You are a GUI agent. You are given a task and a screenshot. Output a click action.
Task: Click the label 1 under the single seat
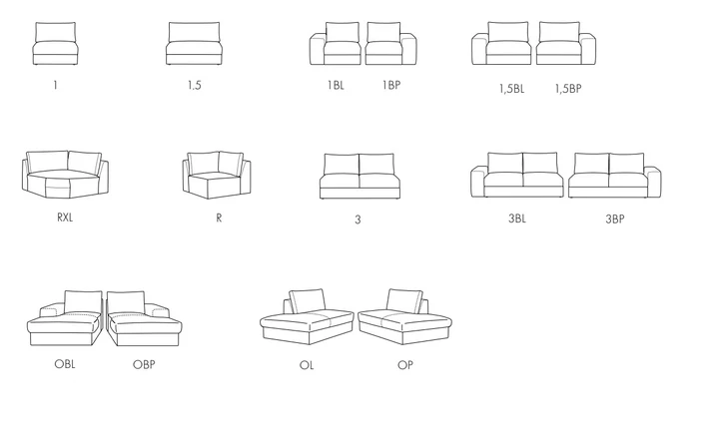[56, 85]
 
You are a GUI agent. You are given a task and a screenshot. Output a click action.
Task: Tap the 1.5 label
[195, 85]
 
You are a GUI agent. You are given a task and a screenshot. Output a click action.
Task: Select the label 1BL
[336, 85]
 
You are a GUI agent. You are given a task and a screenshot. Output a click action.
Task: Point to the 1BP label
[391, 85]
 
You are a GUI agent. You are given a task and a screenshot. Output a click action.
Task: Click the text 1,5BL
[511, 89]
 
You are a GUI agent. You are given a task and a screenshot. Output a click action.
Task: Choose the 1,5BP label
[568, 89]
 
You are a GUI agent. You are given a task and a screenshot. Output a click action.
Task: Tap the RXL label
[65, 217]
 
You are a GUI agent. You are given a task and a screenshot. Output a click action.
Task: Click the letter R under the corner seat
[219, 217]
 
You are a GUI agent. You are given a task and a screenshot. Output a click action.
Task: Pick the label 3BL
[517, 218]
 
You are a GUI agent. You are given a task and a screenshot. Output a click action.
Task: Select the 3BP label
[615, 218]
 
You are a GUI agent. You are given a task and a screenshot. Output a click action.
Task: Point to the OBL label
[65, 364]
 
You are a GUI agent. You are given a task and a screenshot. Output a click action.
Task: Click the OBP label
[144, 364]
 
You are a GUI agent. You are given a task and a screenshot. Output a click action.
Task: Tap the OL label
[307, 365]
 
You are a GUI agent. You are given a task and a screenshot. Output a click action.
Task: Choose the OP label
[405, 365]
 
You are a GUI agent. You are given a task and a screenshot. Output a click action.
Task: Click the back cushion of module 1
[56, 32]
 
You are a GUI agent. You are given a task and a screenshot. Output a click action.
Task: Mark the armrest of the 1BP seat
[409, 49]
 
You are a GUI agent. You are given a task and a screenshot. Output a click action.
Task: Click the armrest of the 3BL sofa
[477, 182]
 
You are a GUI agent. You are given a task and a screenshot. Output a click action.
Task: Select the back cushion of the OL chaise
[307, 301]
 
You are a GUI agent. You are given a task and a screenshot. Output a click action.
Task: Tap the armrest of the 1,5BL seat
[479, 49]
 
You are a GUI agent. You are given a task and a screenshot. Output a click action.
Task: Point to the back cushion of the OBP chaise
[126, 303]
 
